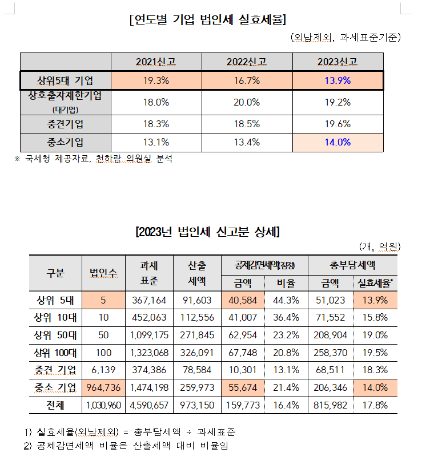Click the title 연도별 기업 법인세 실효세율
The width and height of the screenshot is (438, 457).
[208, 20]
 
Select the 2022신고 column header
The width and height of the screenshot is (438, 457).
[247, 62]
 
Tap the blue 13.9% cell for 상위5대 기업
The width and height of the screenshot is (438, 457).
[337, 80]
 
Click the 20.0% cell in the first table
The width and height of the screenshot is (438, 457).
[247, 102]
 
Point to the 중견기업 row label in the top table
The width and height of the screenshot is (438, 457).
[66, 124]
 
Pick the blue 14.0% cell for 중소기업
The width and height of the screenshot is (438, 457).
[337, 143]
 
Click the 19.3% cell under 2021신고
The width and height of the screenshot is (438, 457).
[156, 80]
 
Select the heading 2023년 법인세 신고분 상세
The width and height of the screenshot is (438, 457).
[207, 232]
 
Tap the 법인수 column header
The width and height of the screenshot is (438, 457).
[103, 273]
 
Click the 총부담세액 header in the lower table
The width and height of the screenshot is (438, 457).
[352, 265]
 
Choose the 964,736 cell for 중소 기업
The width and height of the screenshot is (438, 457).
[103, 388]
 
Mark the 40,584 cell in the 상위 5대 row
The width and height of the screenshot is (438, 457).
[243, 300]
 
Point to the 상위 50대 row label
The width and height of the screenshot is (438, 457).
[55, 335]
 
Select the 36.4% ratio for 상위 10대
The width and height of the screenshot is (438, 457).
[286, 317]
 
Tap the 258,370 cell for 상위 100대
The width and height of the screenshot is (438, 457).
[331, 353]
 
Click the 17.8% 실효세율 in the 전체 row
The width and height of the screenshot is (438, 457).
[375, 406]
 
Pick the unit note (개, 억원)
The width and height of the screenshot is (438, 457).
[380, 246]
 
